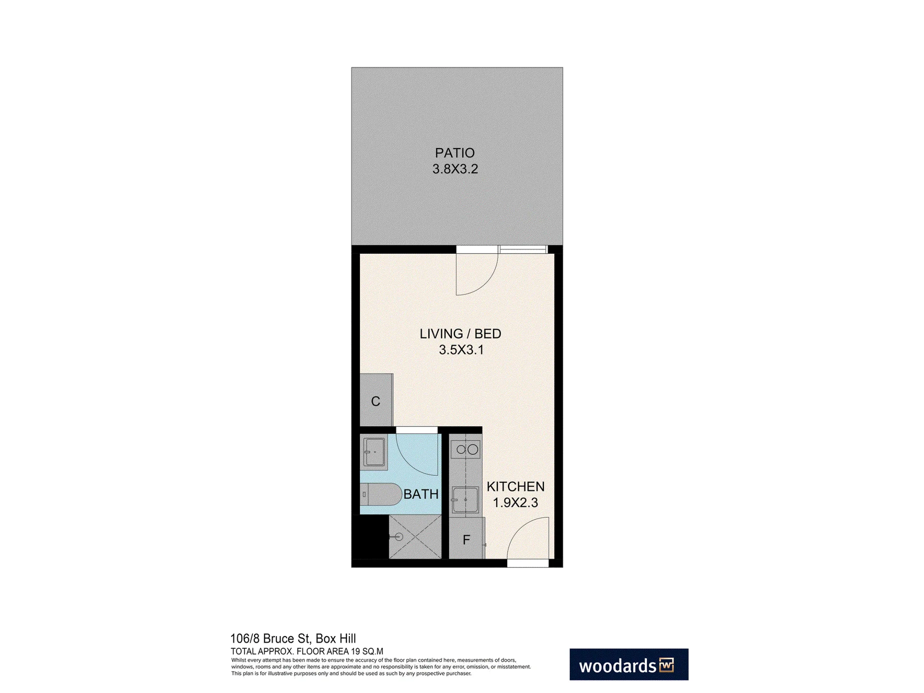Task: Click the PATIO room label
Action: pos(455,153)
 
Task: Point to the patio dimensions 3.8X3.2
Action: pos(455,169)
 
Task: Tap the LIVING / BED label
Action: pos(461,334)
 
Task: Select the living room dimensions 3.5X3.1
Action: pos(461,350)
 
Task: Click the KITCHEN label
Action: pos(515,487)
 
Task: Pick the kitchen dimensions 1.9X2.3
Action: pos(515,503)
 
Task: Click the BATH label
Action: pos(421,494)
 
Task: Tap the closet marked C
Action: pos(376,400)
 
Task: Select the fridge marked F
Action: pos(466,538)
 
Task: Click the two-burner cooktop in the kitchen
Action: pos(465,450)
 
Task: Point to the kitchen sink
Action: pos(465,500)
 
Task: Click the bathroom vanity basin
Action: pos(374,451)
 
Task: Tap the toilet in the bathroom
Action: pos(381,494)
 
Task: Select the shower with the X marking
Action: pos(415,537)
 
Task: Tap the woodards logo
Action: pos(629,664)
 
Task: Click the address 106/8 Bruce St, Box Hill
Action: pos(293,639)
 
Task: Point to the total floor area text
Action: pos(307,652)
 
